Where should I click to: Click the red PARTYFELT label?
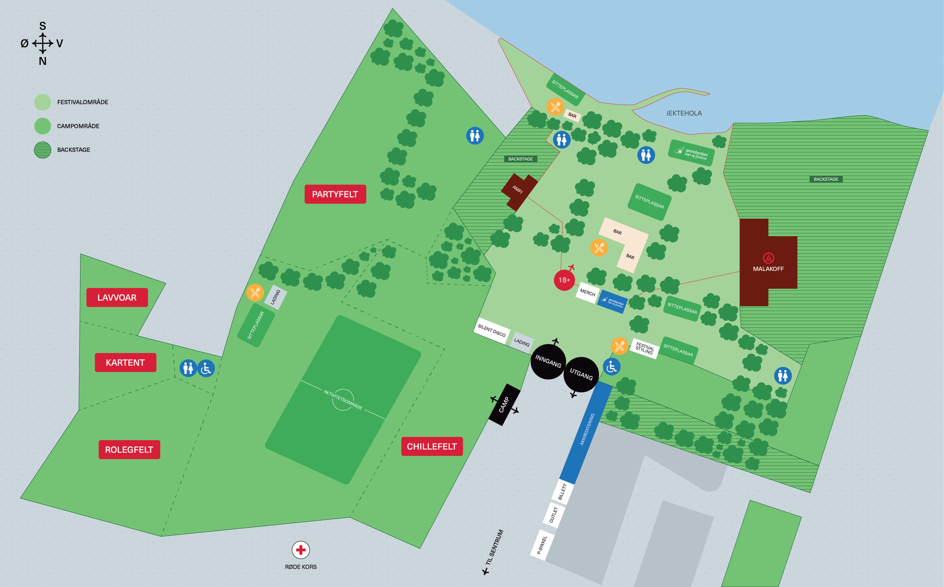335,194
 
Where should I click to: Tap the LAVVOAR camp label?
117,298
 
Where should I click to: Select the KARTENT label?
125,363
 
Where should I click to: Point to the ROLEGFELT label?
129,450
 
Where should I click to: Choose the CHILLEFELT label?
431,446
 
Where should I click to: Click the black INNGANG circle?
548,361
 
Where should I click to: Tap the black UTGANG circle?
581,375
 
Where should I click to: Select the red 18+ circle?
564,280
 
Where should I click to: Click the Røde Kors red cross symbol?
301,550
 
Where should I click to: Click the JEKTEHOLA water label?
683,113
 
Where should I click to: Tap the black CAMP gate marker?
504,405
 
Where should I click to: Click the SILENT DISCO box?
491,331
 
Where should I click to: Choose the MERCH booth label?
588,293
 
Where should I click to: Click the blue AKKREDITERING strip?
587,429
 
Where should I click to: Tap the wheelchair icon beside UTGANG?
612,367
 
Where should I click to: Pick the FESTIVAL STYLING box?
644,349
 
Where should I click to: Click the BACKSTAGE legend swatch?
43,150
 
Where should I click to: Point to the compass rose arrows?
42,43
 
